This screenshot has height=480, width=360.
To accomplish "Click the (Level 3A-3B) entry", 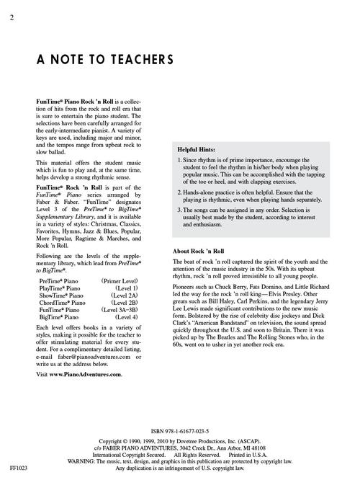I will [x=132, y=309].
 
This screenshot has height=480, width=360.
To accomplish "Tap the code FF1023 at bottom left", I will [x=11, y=469].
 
